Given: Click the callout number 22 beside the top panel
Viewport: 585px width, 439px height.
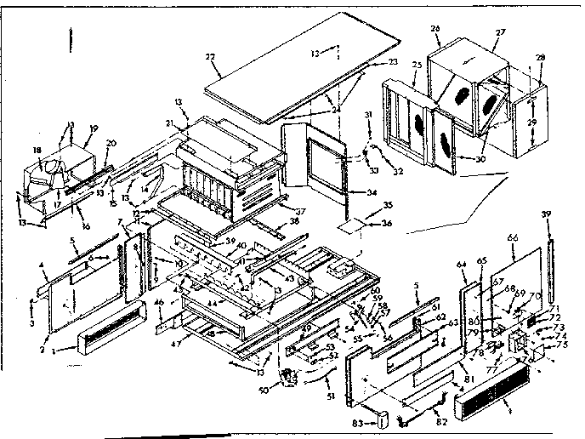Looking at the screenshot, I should pyautogui.click(x=211, y=56).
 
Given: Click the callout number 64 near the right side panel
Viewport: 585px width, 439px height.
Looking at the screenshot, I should pyautogui.click(x=461, y=265).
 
